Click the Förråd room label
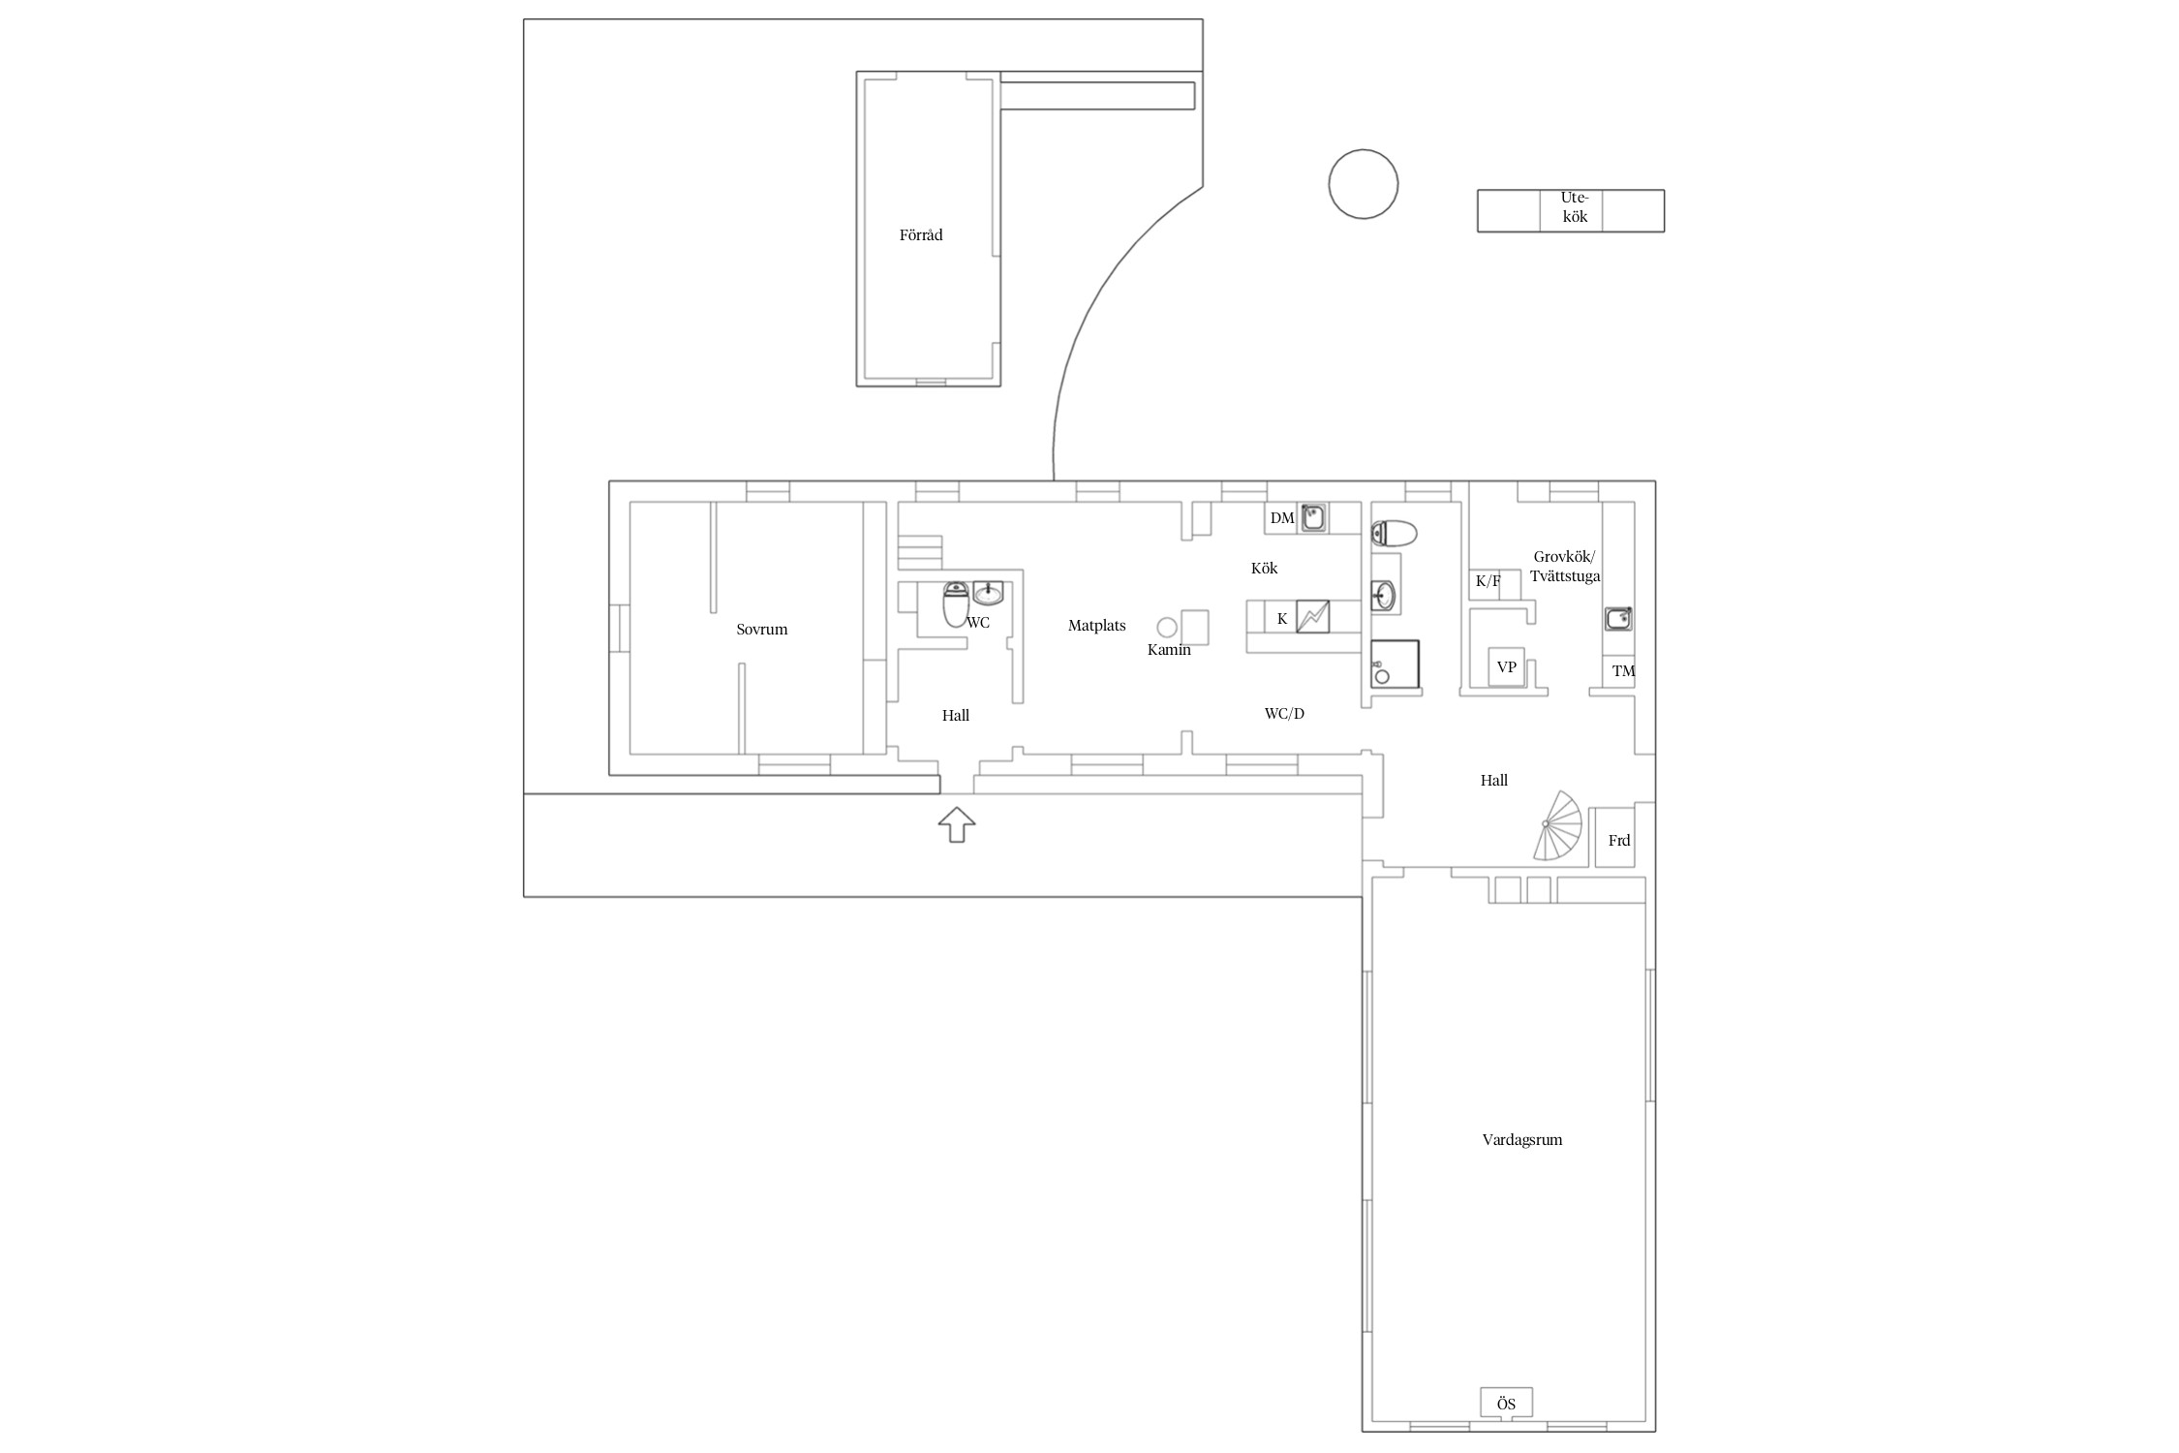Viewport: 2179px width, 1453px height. pos(920,234)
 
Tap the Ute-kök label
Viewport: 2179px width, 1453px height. pos(1575,207)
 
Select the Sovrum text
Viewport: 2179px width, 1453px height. pos(761,629)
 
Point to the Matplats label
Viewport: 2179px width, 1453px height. pos(1096,626)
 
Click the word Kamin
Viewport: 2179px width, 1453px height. pos(1169,649)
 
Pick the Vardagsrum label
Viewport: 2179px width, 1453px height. pos(1521,1140)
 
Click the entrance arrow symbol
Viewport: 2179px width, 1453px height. pos(957,824)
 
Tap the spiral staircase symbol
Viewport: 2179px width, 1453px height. pos(1556,825)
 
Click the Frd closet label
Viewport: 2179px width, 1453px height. pos(1619,841)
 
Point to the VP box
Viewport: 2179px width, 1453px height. pos(1506,667)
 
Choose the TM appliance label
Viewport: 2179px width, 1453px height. pos(1623,671)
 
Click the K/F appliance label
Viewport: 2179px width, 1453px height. pos(1488,581)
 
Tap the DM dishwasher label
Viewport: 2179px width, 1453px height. pos(1282,518)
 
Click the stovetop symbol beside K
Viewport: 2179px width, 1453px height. pos(1313,617)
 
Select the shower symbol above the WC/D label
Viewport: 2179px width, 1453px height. pos(1395,664)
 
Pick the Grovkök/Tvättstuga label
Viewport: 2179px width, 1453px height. pos(1565,567)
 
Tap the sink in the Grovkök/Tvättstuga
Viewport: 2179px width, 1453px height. pos(1618,618)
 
